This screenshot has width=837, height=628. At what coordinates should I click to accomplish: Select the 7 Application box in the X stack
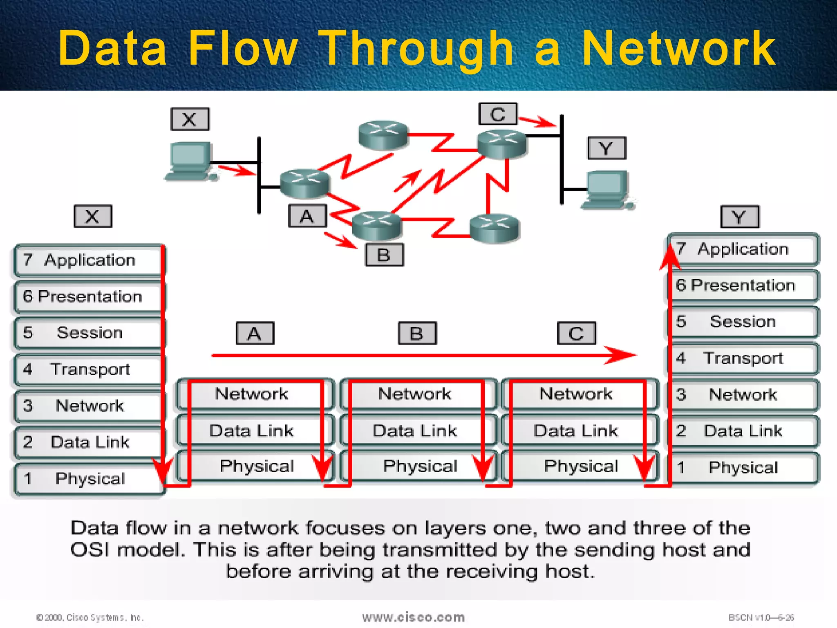(x=88, y=260)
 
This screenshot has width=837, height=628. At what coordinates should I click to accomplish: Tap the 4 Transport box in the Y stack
(x=743, y=359)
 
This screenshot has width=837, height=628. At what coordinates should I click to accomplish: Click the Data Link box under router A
(x=251, y=431)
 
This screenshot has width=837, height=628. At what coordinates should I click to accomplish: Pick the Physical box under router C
(x=580, y=467)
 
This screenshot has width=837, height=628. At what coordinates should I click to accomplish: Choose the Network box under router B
(x=414, y=394)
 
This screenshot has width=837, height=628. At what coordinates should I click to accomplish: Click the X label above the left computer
(x=190, y=119)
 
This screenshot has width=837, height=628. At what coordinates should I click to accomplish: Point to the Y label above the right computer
(x=606, y=148)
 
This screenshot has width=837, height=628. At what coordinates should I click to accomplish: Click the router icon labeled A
(x=304, y=183)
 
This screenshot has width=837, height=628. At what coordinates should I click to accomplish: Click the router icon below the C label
(x=502, y=144)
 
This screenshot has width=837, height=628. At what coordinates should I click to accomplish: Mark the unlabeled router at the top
(x=383, y=134)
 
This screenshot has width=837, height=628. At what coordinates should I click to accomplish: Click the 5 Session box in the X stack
(x=88, y=333)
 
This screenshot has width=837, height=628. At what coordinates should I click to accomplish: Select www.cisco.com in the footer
(x=413, y=617)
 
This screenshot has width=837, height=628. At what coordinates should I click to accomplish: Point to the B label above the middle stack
(x=417, y=333)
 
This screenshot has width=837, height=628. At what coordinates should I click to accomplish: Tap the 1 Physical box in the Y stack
(x=743, y=468)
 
